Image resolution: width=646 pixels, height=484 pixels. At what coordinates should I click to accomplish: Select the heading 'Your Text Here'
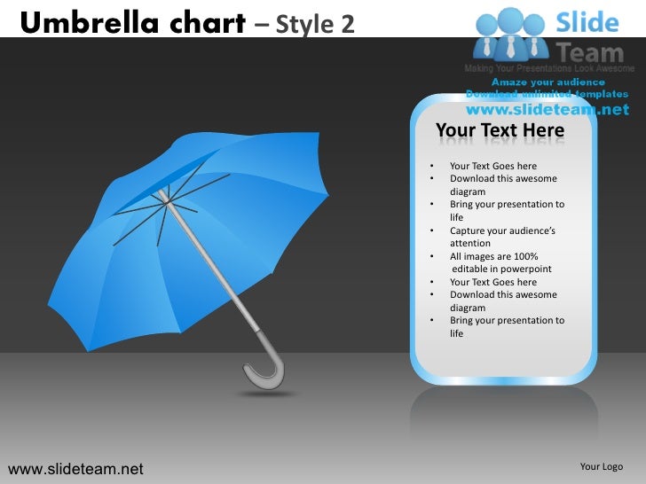click(500, 131)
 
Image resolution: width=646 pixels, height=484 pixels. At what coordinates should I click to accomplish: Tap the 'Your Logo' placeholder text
click(601, 466)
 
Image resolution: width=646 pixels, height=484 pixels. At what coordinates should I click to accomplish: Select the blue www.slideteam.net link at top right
click(547, 110)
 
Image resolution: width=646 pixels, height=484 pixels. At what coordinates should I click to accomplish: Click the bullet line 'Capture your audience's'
click(502, 230)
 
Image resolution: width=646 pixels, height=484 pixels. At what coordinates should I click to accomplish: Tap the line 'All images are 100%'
click(493, 256)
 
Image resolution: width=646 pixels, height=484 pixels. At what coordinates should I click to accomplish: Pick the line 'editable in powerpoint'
click(502, 269)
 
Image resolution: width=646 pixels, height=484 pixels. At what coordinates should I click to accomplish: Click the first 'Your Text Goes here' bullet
click(492, 166)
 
